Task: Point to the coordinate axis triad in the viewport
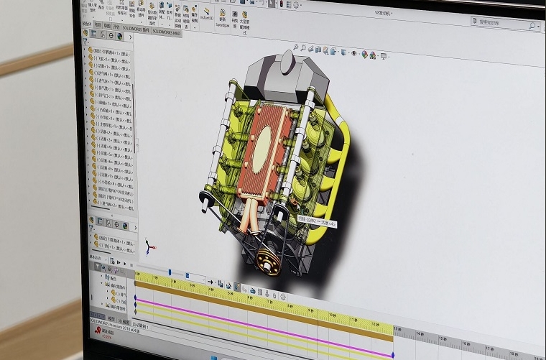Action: tap(149, 246)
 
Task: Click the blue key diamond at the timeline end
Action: tap(393, 354)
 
